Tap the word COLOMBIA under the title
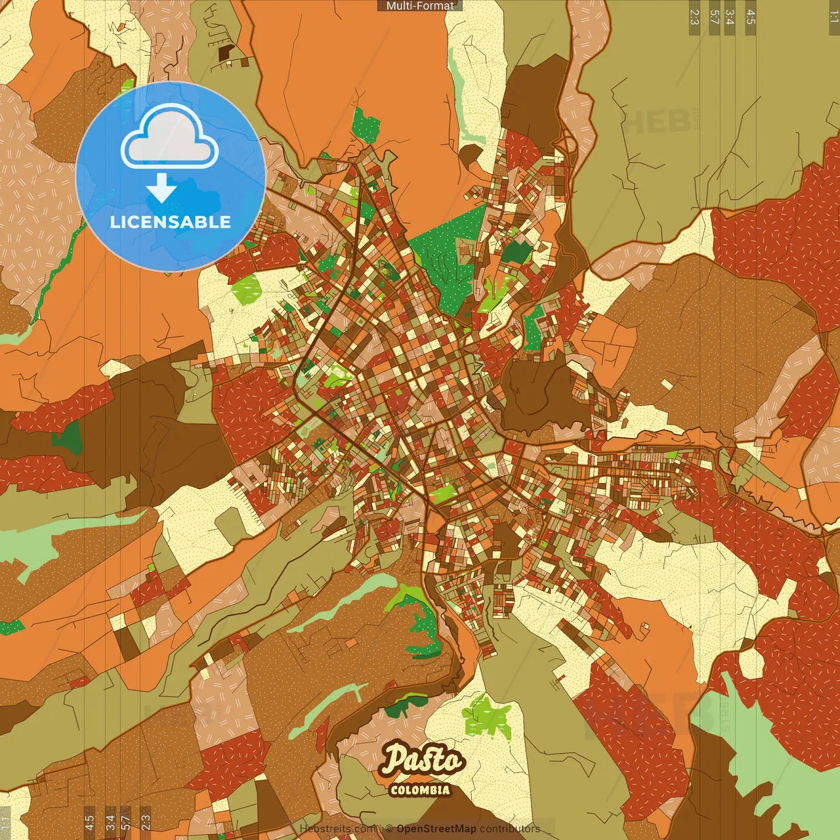[420, 790]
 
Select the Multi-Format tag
[420, 6]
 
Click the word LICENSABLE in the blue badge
[171, 222]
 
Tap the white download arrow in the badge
[161, 188]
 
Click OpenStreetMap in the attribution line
[436, 829]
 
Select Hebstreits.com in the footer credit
[337, 829]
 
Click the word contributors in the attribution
[509, 829]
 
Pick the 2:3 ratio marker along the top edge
[694, 17]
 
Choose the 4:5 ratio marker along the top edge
[751, 17]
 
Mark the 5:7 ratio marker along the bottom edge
[126, 823]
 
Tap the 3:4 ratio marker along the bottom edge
[110, 823]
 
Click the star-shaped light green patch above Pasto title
[487, 715]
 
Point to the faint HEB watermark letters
[656, 121]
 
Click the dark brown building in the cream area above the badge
[226, 52]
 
